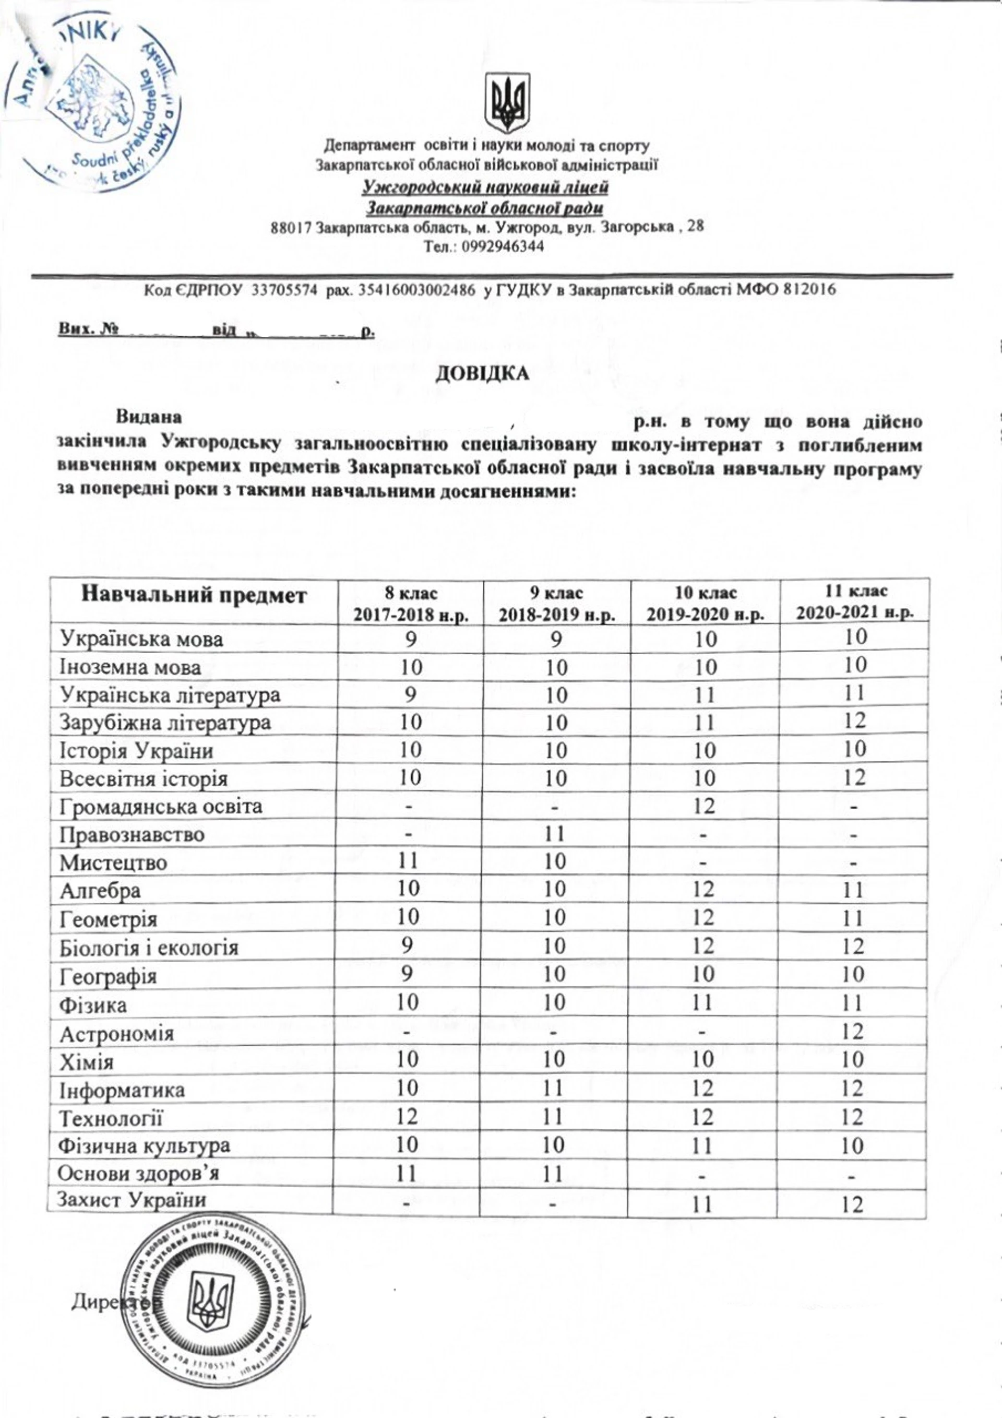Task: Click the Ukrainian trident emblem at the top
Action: pyautogui.click(x=507, y=102)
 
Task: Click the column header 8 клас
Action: pyautogui.click(x=411, y=604)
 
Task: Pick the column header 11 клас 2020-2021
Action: pyautogui.click(x=854, y=601)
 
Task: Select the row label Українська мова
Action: pyautogui.click(x=141, y=639)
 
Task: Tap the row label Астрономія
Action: pyautogui.click(x=117, y=1033)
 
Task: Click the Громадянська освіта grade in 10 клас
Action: pyautogui.click(x=704, y=806)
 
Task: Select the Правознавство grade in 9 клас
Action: pyautogui.click(x=556, y=834)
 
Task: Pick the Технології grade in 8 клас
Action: pyautogui.click(x=408, y=1117)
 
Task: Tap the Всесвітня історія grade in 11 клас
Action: pyautogui.click(x=854, y=777)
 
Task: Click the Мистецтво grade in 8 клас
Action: pyautogui.click(x=408, y=861)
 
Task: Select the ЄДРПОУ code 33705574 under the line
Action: pyautogui.click(x=284, y=289)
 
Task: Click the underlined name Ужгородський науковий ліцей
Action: pyautogui.click(x=485, y=186)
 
